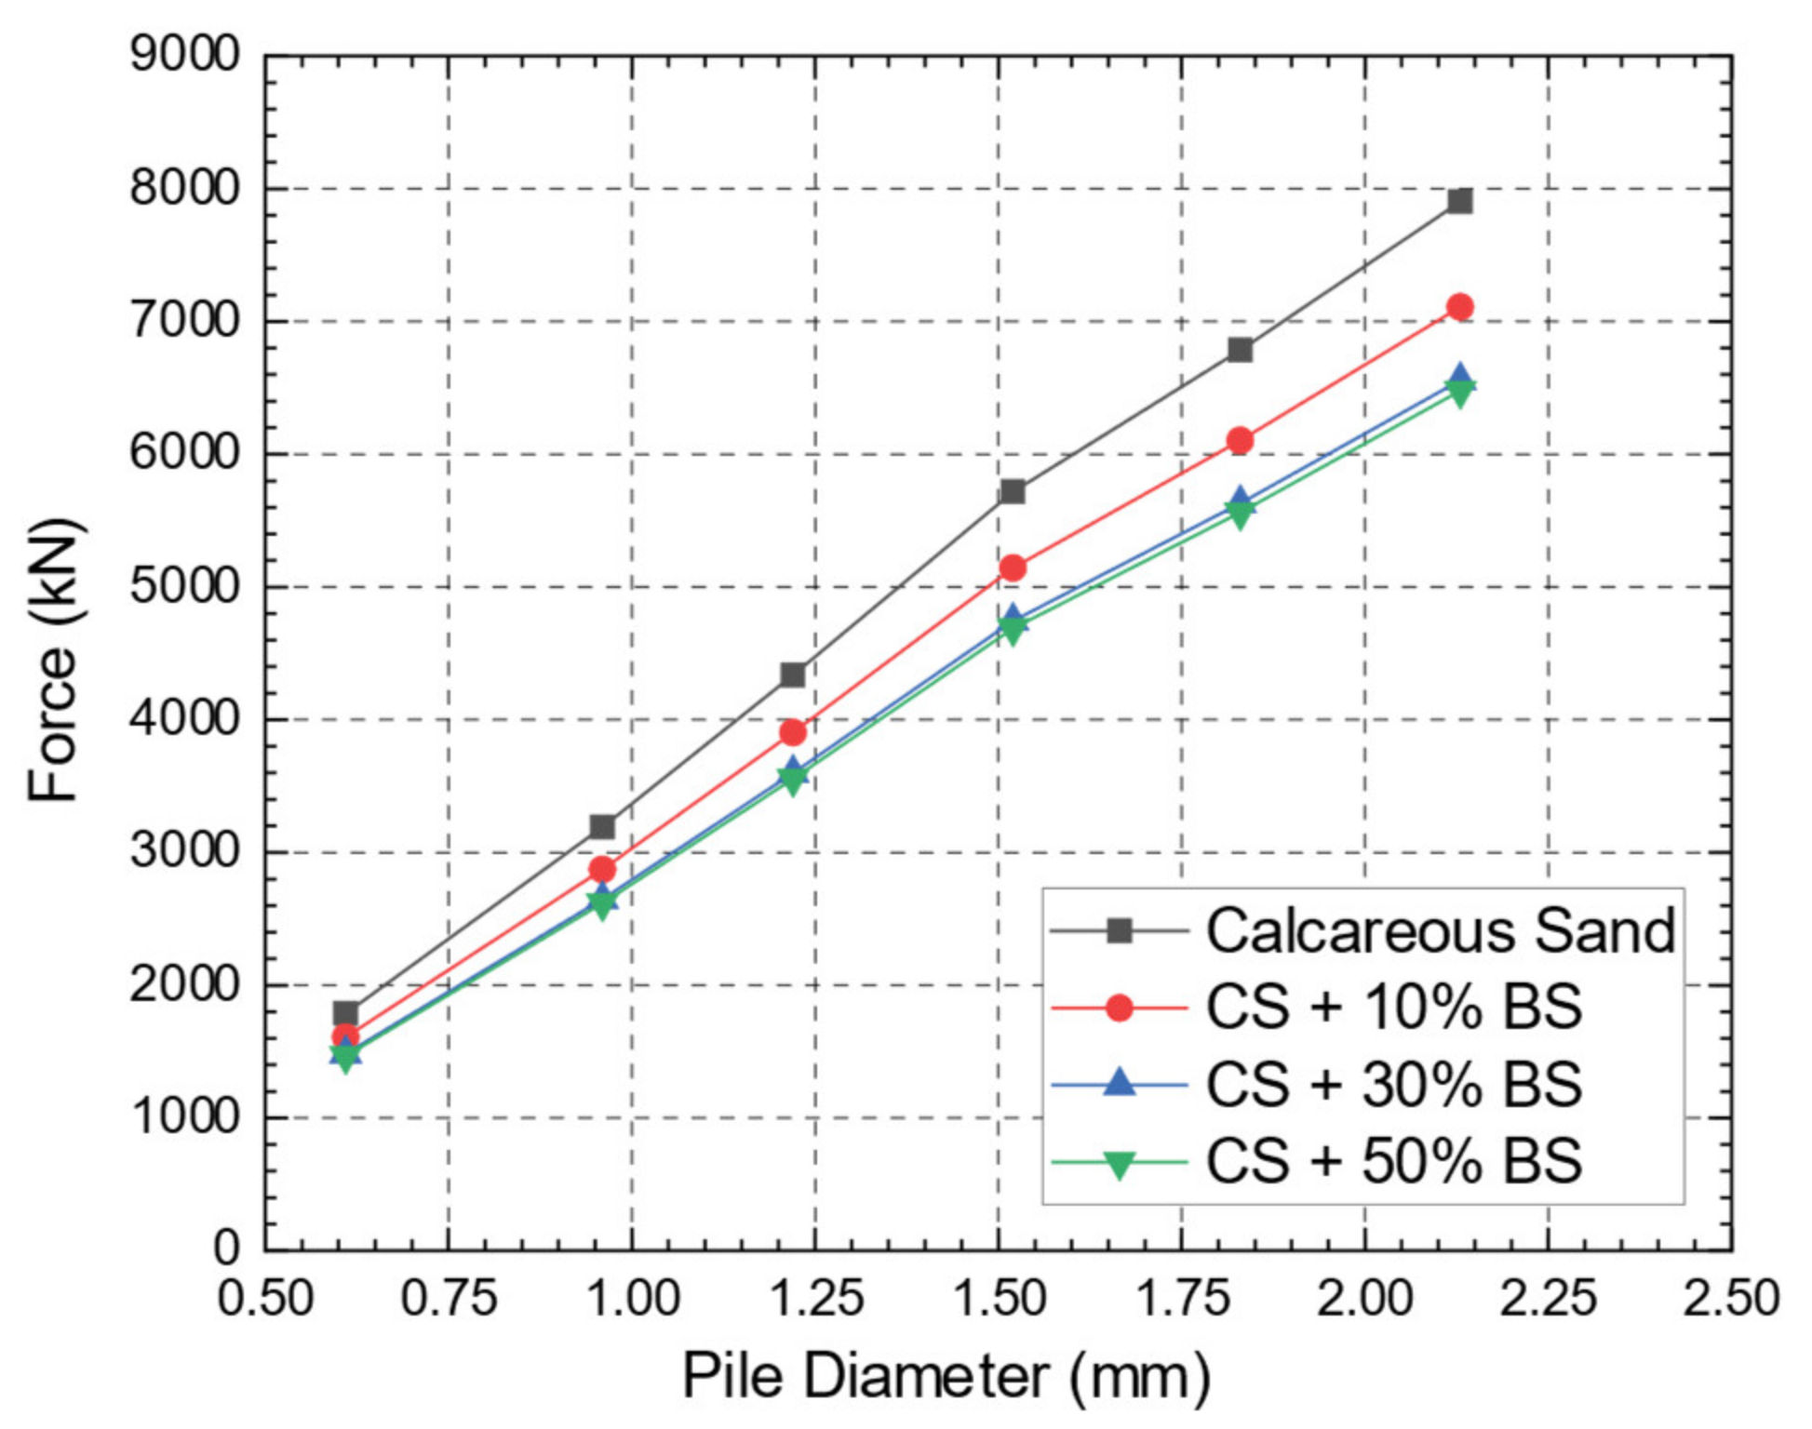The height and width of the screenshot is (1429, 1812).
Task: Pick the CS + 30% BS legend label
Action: click(x=1393, y=1085)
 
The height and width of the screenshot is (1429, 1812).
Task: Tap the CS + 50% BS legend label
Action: click(x=1393, y=1162)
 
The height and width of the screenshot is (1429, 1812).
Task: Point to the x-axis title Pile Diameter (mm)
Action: click(x=946, y=1377)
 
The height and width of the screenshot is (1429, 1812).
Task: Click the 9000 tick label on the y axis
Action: click(x=184, y=56)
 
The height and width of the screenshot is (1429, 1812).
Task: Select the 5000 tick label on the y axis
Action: click(x=184, y=587)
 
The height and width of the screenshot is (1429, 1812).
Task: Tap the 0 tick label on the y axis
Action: click(x=226, y=1249)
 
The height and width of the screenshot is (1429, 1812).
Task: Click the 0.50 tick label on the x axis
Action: click(x=265, y=1299)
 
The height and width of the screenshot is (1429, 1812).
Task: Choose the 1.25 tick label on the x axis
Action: click(x=815, y=1299)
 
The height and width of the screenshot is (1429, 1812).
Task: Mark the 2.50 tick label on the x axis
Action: click(x=1731, y=1299)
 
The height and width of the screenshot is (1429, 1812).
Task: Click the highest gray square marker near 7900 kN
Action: click(x=1460, y=201)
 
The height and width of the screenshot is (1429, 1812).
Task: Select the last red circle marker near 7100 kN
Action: click(x=1460, y=307)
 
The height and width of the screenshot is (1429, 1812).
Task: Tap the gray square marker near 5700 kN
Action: click(x=1013, y=491)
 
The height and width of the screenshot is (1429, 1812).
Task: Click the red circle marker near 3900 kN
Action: click(x=793, y=733)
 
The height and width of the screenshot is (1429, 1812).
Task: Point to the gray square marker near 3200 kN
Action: click(x=602, y=826)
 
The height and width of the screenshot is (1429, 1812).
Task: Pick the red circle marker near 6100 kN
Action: click(x=1240, y=441)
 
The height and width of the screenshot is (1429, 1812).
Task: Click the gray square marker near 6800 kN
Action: click(x=1240, y=350)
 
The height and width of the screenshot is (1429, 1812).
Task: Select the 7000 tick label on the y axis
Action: click(x=184, y=322)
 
